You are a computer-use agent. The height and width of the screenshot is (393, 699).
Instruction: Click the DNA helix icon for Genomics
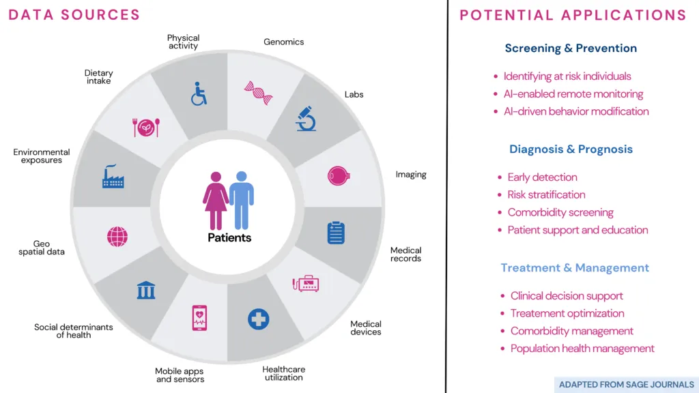pyautogui.click(x=259, y=93)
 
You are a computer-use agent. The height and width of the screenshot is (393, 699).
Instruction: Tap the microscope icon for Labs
pyautogui.click(x=306, y=119)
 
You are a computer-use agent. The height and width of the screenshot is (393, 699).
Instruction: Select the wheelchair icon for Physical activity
pyautogui.click(x=199, y=93)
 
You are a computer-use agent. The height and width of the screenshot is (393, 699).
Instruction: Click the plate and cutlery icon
pyautogui.click(x=146, y=128)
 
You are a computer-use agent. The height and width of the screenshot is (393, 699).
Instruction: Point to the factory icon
pyautogui.click(x=113, y=176)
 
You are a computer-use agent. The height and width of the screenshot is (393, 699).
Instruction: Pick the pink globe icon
pyautogui.click(x=117, y=237)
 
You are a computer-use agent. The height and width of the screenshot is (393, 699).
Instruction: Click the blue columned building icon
pyautogui.click(x=146, y=290)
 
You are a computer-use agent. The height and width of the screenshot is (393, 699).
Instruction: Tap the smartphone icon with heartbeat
pyautogui.click(x=199, y=318)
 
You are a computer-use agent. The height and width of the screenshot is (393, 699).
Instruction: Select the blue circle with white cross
pyautogui.click(x=259, y=319)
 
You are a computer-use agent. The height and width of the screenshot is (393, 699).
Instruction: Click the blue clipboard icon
pyautogui.click(x=336, y=233)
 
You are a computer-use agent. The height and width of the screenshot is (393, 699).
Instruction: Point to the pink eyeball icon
pyautogui.click(x=339, y=176)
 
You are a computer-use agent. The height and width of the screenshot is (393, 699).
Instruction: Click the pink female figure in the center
pyautogui.click(x=216, y=201)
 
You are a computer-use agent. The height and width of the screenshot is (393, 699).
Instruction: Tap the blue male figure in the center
pyautogui.click(x=242, y=200)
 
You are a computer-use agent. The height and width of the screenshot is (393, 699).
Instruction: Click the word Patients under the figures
pyautogui.click(x=229, y=237)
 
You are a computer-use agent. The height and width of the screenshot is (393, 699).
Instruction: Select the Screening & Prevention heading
pyautogui.click(x=571, y=48)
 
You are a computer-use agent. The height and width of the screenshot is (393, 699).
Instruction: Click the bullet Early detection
pyautogui.click(x=542, y=177)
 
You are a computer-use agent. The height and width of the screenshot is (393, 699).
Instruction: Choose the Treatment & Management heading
pyautogui.click(x=575, y=267)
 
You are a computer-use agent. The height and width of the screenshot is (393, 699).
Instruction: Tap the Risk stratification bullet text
pyautogui.click(x=546, y=194)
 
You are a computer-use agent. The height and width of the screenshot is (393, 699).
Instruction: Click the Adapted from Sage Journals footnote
pyautogui.click(x=627, y=385)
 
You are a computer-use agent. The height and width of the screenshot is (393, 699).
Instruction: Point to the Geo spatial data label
pyautogui.click(x=42, y=248)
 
